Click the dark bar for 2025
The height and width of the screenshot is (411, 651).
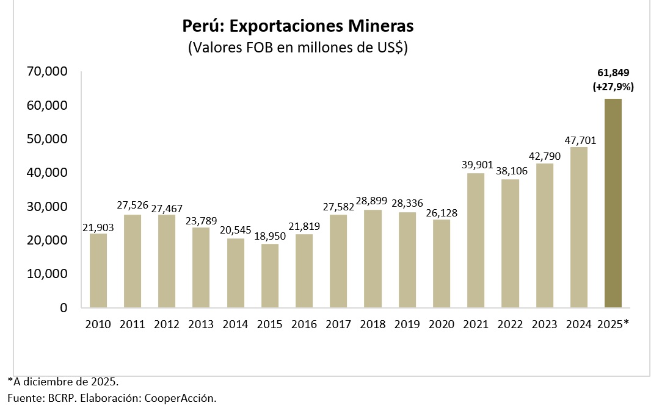point(613,203)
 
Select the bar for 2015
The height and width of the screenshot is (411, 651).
point(270,276)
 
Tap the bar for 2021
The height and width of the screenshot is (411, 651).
point(476,240)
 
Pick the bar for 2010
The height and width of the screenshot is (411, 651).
point(98,271)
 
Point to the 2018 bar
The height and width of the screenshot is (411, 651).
point(373,259)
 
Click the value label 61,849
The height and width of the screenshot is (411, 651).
point(613,74)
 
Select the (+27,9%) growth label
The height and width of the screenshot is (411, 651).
point(613,87)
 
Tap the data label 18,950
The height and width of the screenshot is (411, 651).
point(270,237)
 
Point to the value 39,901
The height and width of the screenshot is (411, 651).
point(476,166)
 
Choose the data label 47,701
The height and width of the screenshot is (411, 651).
point(579,140)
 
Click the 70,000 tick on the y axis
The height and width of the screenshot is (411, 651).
point(47,72)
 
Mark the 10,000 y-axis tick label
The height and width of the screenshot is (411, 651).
point(47,274)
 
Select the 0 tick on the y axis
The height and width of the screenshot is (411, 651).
point(64,308)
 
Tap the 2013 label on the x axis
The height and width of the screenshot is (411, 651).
point(201,324)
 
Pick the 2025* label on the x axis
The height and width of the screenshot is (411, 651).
point(613,324)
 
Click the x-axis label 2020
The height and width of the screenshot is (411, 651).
point(442,324)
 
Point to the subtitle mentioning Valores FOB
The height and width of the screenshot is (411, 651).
point(298,48)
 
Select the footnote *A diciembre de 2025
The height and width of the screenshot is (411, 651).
point(63,381)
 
